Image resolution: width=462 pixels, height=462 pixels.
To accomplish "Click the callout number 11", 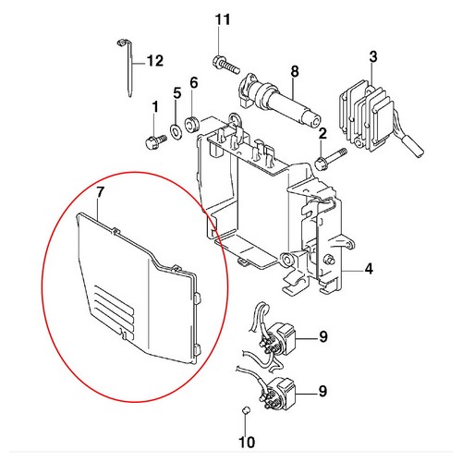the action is click(223, 19).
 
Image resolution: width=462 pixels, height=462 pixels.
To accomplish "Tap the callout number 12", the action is click(155, 61).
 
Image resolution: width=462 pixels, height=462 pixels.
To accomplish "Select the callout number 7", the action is click(101, 192).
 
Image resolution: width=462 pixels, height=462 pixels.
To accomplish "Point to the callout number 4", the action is click(369, 269).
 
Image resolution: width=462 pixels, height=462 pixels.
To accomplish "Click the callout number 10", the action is click(247, 443).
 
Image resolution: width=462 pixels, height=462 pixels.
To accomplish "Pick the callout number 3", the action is click(373, 56).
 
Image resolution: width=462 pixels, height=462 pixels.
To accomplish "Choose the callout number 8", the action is click(295, 71).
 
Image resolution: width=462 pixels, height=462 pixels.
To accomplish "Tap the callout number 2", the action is click(322, 134).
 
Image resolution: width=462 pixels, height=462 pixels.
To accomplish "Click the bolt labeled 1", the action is click(156, 142).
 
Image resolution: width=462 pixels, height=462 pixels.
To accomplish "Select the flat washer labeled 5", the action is click(176, 131).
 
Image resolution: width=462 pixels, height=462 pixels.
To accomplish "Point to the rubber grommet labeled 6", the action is click(193, 124).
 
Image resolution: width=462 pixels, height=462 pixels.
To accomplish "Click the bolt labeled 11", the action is click(226, 64).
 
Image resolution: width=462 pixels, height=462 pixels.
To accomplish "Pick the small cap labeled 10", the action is click(246, 410).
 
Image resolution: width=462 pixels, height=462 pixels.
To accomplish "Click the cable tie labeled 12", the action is click(129, 67).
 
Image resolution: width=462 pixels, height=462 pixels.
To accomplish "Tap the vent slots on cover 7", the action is click(115, 310).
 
